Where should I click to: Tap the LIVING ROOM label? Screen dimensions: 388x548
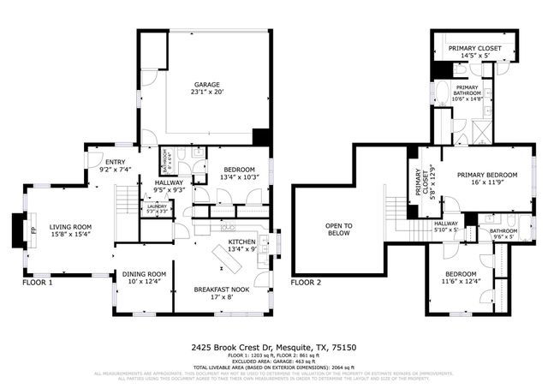[x=70, y=227]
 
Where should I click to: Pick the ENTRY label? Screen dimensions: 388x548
[x=114, y=162]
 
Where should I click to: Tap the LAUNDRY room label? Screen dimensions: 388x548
[x=157, y=206]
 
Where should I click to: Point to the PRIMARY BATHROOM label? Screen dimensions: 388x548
[x=467, y=93]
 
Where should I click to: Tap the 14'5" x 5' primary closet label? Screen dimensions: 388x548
[x=474, y=55]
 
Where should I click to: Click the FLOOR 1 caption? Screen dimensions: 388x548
[x=37, y=282]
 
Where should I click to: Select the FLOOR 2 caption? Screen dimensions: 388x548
[x=306, y=282]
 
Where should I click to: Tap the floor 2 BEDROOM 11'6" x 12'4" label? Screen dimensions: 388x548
[x=461, y=276]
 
